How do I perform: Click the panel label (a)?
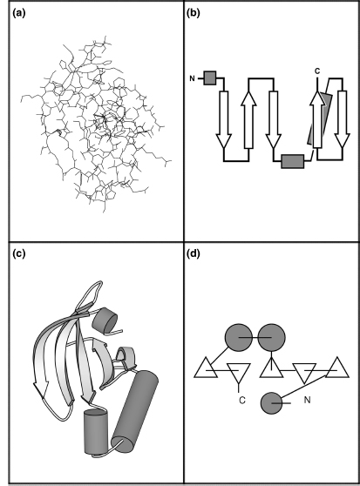19,13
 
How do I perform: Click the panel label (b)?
194,13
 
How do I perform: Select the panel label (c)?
19,253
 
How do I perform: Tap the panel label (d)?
194,253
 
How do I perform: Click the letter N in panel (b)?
193,78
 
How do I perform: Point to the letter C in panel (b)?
317,71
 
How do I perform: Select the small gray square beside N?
210,78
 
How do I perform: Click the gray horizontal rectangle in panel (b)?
292,161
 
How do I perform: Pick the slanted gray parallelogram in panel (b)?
320,118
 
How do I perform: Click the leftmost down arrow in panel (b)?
223,119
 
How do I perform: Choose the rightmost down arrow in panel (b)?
343,119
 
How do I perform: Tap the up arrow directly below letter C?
317,119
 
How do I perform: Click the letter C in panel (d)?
242,400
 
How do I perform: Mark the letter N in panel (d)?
307,400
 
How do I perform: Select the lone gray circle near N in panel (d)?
272,403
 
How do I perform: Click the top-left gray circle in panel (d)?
239,338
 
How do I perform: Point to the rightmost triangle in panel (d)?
337,369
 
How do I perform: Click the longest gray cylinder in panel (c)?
135,407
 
